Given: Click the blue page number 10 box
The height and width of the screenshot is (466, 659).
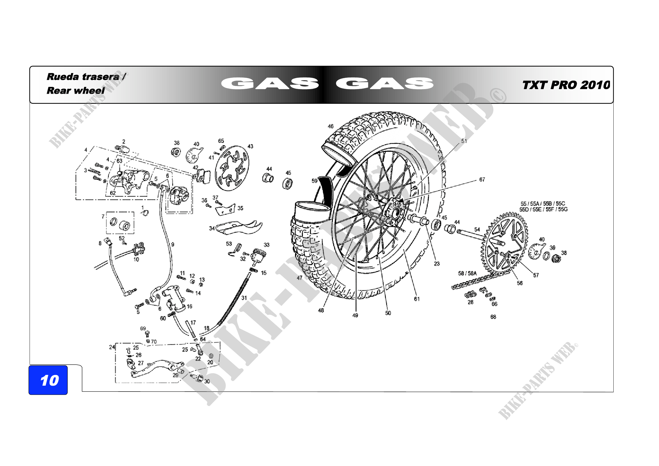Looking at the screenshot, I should coord(48,380).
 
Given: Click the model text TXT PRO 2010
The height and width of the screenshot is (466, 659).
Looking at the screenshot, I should coord(566,85).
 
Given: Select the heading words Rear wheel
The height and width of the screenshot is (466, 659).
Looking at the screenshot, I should coord(76,90).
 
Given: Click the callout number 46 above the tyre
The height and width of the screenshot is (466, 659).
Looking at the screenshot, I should coord(331,126).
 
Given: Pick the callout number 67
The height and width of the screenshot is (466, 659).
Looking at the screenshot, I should coord(482,180).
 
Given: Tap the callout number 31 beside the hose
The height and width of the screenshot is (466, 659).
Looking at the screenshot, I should coord(244,298).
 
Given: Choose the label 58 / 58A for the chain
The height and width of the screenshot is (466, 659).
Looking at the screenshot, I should coord(467,273).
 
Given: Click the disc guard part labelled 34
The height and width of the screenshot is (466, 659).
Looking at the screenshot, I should coord(238,227).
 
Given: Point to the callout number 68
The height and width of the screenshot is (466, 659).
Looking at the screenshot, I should coord(493,317).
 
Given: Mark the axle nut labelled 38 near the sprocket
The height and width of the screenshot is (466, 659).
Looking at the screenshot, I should coord(556,259).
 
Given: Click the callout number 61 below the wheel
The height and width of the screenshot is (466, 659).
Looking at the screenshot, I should coord(417,299).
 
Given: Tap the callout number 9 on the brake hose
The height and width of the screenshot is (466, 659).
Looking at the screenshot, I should coord(172,244).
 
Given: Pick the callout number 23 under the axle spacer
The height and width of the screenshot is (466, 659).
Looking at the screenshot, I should coord(436,264).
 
